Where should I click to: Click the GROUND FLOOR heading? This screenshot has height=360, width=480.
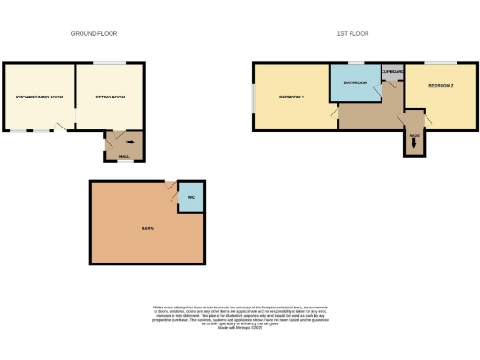[94, 33]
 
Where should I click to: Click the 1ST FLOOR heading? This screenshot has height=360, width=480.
[352, 33]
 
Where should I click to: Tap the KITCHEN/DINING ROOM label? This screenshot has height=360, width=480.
[38, 97]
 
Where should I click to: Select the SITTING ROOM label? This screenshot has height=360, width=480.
[109, 97]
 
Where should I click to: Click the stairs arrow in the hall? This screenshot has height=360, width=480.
[130, 142]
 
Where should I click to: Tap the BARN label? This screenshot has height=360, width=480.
[147, 228]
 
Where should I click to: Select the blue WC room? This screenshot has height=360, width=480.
[191, 198]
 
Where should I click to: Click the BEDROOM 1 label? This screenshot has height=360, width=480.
[292, 97]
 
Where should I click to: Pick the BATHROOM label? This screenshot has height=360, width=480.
[354, 83]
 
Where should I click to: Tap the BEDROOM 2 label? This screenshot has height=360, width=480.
[440, 85]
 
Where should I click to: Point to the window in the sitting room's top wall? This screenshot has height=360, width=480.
[110, 63]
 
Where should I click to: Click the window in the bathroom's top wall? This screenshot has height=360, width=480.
[355, 63]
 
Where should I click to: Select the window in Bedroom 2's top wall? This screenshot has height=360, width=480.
[443, 63]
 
